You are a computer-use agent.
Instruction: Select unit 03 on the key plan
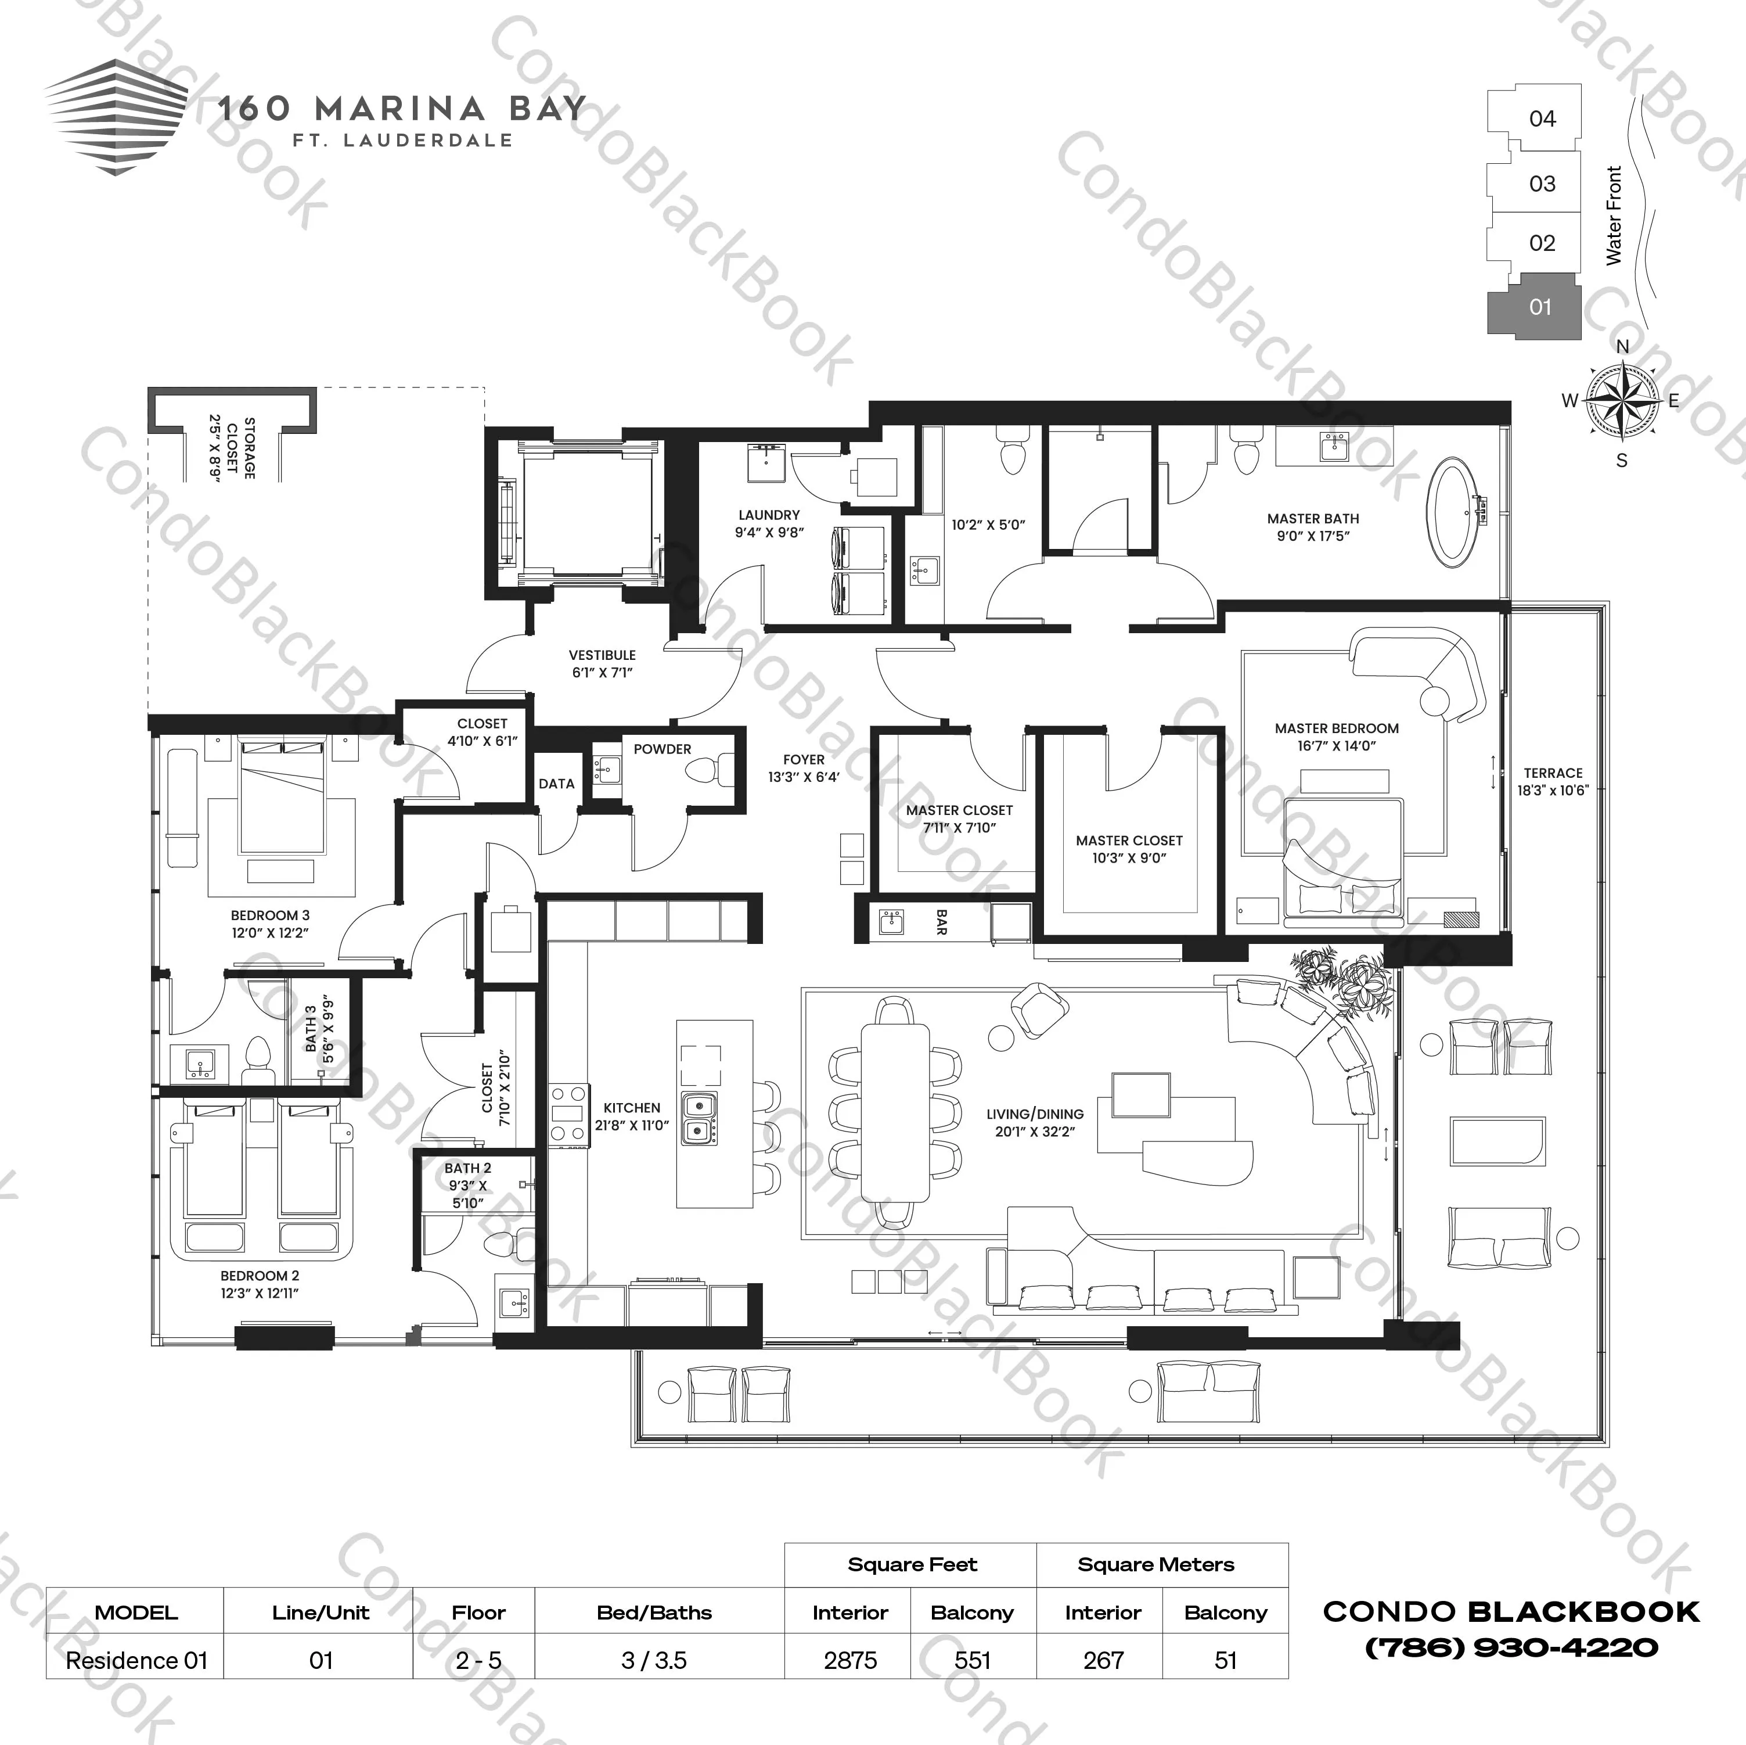pos(1542,184)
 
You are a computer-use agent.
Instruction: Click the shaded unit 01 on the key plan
pos(1539,307)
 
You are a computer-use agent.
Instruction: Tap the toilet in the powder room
pos(705,771)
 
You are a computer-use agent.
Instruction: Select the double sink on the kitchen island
pos(699,1118)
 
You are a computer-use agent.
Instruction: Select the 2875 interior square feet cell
pos(849,1660)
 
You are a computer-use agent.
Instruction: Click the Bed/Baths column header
pos(654,1612)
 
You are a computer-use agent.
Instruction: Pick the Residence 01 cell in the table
pos(136,1660)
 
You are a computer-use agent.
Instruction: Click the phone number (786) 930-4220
pos(1511,1647)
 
